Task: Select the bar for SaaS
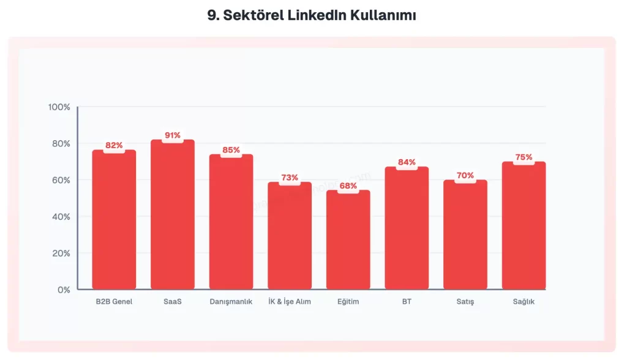[173, 214]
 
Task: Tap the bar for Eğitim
[348, 239]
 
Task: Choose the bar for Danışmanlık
[231, 222]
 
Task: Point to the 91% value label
[173, 135]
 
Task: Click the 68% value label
[348, 186]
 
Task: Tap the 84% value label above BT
[407, 162]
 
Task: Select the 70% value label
[465, 176]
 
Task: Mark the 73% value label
[290, 178]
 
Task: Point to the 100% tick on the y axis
[59, 107]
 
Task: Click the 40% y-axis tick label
[61, 217]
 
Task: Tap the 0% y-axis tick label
[64, 290]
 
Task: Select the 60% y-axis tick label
[61, 180]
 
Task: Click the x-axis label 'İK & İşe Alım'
[290, 302]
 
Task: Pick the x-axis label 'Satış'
[465, 302]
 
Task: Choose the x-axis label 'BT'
[407, 302]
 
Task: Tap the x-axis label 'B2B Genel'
[114, 302]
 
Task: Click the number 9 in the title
[212, 16]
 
